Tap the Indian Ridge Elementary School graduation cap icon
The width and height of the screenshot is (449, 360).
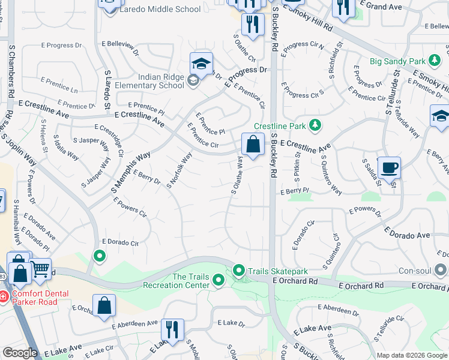point(202,63)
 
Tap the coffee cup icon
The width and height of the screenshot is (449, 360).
point(389,167)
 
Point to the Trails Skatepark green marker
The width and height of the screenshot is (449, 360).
point(239,271)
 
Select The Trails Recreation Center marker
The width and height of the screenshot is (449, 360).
point(218,280)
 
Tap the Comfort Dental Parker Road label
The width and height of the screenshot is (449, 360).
point(40,298)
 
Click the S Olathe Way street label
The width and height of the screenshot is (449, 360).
point(238,176)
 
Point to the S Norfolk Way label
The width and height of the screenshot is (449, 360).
point(179,170)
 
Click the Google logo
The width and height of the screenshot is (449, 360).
point(19,353)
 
